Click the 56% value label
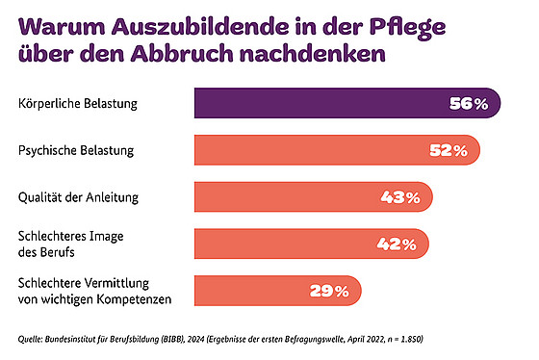point(470,103)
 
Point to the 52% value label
point(448,150)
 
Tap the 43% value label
point(400,197)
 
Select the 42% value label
point(396,244)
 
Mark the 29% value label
point(328,291)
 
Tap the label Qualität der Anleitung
point(77,197)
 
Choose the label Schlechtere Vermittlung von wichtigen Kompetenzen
point(94,290)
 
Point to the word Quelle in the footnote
point(33,339)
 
